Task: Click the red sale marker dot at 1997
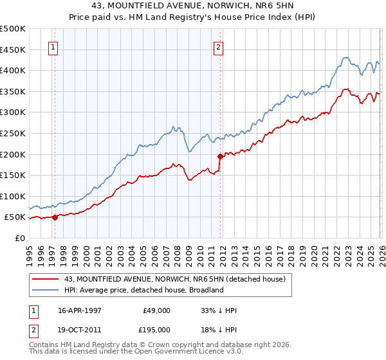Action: click(55, 217)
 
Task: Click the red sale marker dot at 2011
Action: click(220, 156)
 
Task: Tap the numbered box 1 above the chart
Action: click(53, 46)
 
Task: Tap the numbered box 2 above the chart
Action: click(219, 46)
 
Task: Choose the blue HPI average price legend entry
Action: click(143, 290)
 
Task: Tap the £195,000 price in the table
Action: click(156, 329)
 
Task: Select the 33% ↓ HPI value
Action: click(219, 310)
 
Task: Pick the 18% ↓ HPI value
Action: click(219, 329)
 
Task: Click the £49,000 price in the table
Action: click(156, 310)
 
